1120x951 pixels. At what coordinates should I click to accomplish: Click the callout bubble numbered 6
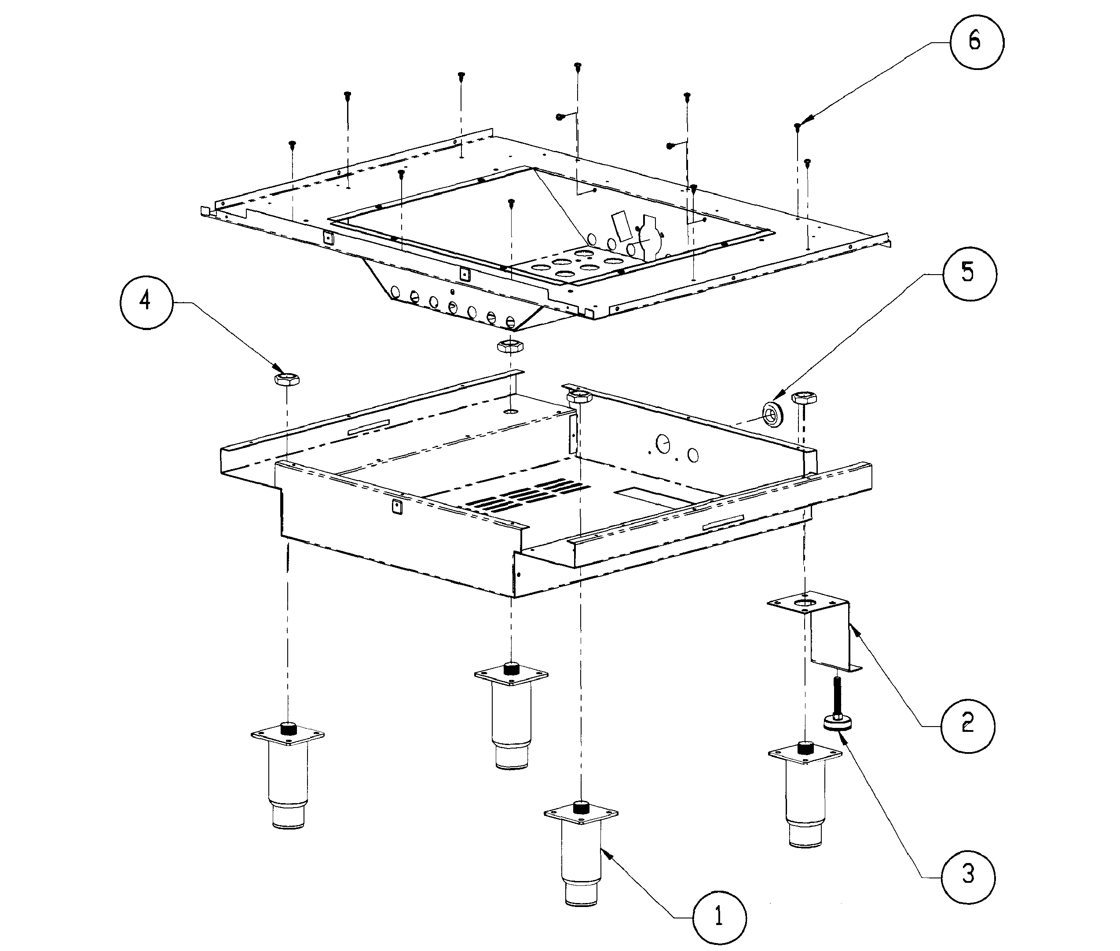(x=976, y=42)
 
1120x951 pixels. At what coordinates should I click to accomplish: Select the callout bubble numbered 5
(x=969, y=274)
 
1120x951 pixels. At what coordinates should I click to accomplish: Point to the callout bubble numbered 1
(x=719, y=917)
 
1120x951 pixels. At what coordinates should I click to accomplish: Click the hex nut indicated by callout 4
(x=287, y=378)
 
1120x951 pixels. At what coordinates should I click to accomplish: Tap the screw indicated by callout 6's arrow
(x=797, y=127)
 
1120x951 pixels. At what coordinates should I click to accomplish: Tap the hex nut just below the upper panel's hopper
(x=509, y=346)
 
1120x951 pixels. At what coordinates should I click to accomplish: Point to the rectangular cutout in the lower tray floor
(x=649, y=496)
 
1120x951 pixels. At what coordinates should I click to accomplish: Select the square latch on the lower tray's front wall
(x=396, y=506)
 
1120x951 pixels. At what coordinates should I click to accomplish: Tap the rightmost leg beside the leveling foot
(x=805, y=793)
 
